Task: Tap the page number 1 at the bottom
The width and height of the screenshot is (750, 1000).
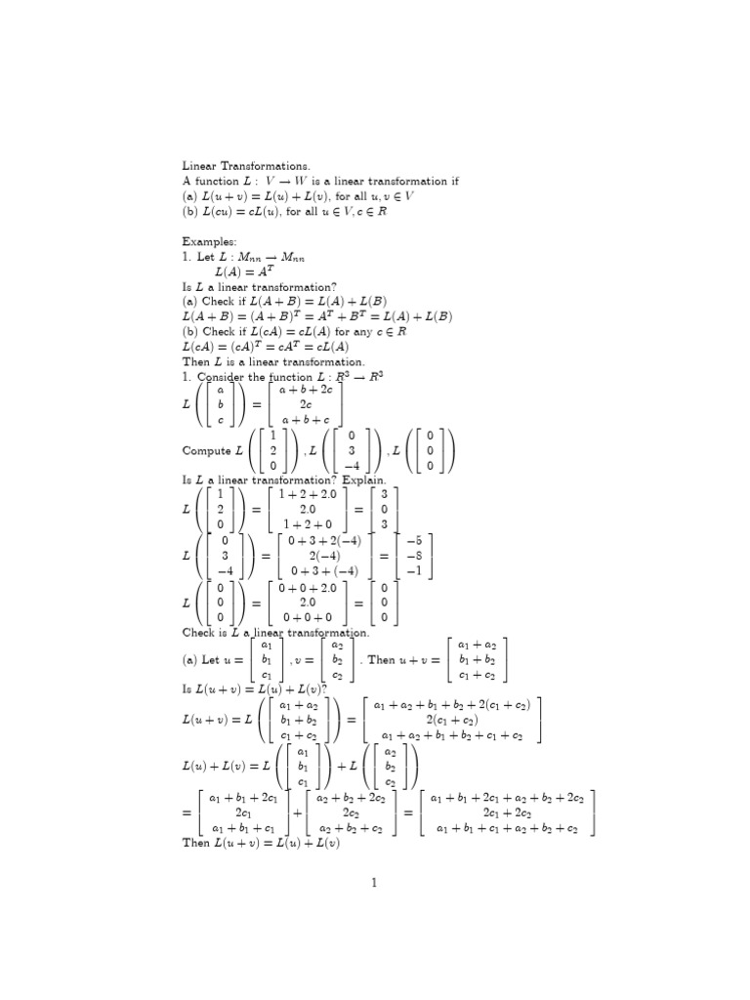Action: (373, 883)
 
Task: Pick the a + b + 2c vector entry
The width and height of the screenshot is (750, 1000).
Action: (306, 388)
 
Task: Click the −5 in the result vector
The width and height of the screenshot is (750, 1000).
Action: (413, 540)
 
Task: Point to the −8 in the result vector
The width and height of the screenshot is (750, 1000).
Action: (413, 556)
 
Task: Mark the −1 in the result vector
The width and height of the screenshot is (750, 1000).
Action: (413, 571)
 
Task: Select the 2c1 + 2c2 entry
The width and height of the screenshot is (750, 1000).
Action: (507, 812)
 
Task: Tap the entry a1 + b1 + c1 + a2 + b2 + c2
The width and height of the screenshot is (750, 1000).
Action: (507, 828)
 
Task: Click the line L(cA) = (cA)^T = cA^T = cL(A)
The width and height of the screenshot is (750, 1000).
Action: (266, 347)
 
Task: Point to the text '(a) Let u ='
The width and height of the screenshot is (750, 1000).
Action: (213, 660)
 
